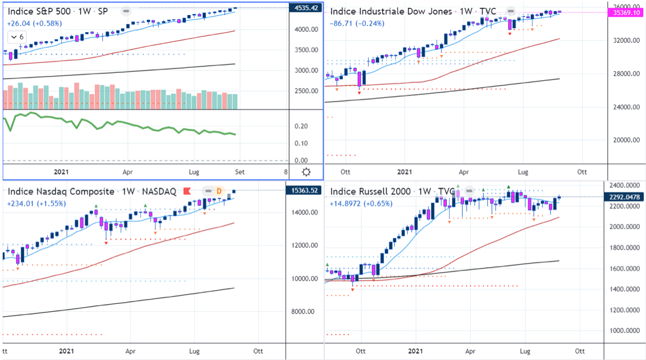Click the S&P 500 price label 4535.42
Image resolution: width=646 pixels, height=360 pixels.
coord(307,7)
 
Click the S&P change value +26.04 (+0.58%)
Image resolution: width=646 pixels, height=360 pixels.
coord(35,23)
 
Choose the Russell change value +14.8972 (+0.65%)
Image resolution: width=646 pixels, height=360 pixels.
coord(361,204)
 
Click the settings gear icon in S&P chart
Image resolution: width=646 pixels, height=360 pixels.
coord(306,172)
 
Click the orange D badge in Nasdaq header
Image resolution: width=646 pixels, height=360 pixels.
coord(219,191)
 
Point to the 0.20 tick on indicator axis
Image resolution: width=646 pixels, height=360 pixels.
coord(302,126)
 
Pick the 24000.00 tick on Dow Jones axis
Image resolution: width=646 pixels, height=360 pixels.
coord(624,107)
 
